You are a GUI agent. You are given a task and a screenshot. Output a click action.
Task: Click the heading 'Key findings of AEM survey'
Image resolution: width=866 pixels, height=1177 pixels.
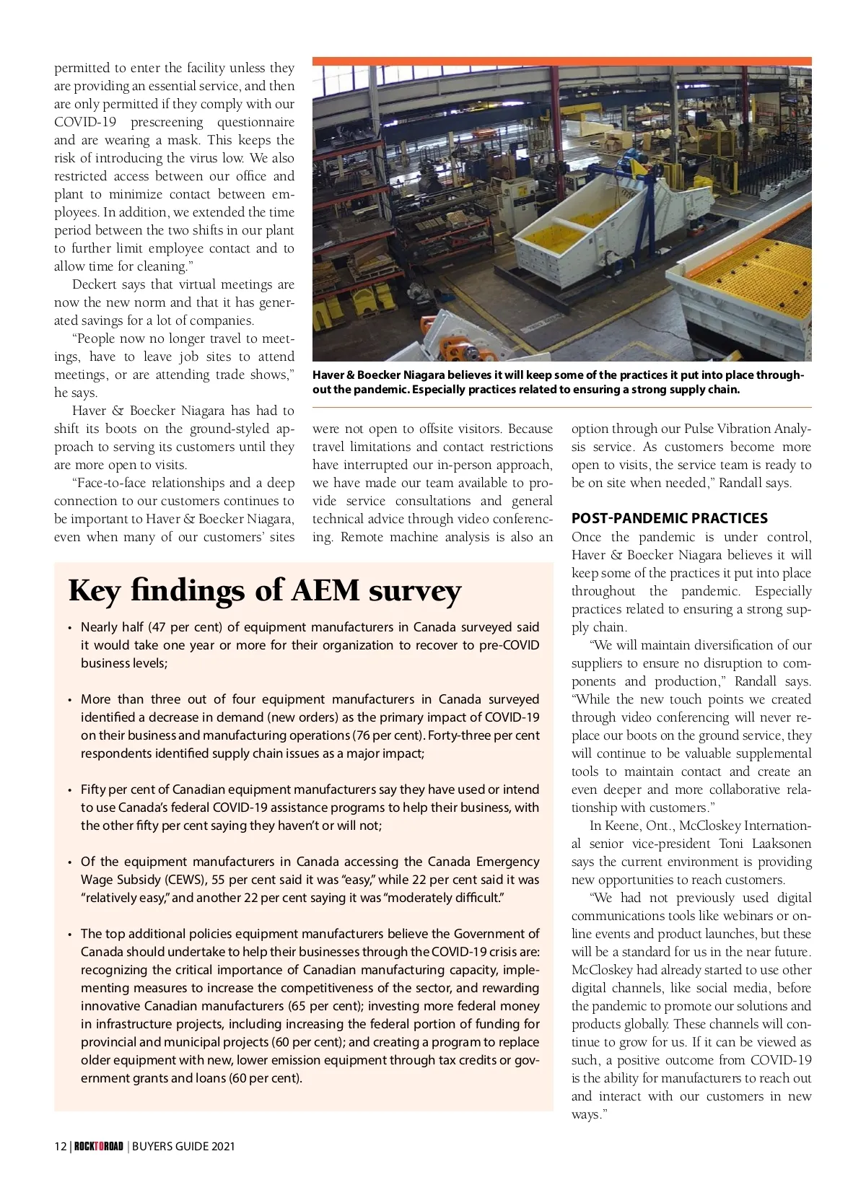264,590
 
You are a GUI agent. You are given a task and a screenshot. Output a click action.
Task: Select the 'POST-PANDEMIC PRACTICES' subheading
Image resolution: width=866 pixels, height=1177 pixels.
669,518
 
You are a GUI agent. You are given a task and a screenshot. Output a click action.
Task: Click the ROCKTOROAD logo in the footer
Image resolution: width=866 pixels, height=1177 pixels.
99,1146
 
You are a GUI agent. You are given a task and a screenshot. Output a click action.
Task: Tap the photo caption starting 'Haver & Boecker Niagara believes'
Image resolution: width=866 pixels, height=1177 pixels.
557,382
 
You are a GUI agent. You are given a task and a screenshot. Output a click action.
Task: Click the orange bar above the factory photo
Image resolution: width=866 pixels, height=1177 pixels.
561,61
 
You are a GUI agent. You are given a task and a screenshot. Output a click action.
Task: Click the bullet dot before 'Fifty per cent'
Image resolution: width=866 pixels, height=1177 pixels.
69,790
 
